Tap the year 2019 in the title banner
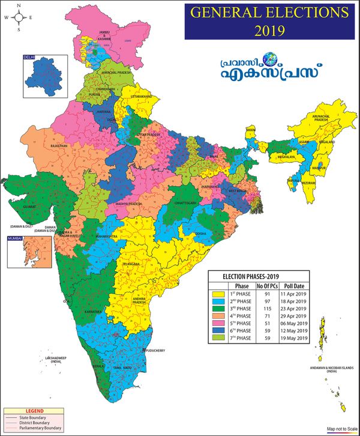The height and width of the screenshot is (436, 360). (268, 29)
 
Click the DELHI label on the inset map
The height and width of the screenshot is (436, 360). (29, 57)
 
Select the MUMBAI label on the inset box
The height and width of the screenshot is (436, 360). (15, 239)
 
